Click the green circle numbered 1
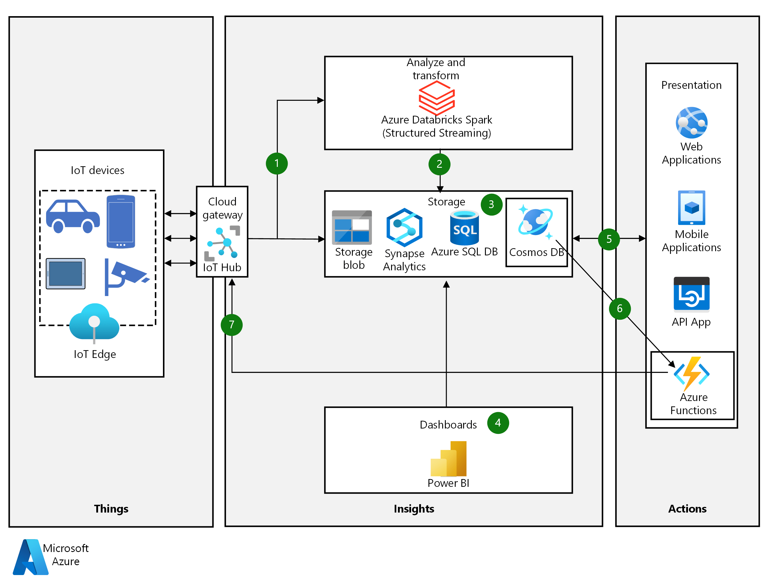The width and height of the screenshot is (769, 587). (276, 163)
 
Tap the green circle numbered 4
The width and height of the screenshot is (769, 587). (498, 423)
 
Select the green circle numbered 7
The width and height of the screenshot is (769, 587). (231, 324)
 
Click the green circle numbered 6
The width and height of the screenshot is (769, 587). (619, 309)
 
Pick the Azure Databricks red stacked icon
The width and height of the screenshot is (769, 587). (437, 97)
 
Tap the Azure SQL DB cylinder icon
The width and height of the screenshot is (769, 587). (464, 228)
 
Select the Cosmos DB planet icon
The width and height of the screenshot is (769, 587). (535, 222)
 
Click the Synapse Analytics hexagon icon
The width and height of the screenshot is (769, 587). (404, 228)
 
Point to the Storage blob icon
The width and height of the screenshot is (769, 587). (352, 227)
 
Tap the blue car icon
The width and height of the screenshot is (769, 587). (73, 216)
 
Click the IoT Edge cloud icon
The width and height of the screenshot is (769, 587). (94, 322)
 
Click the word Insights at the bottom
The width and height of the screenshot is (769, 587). (414, 508)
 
